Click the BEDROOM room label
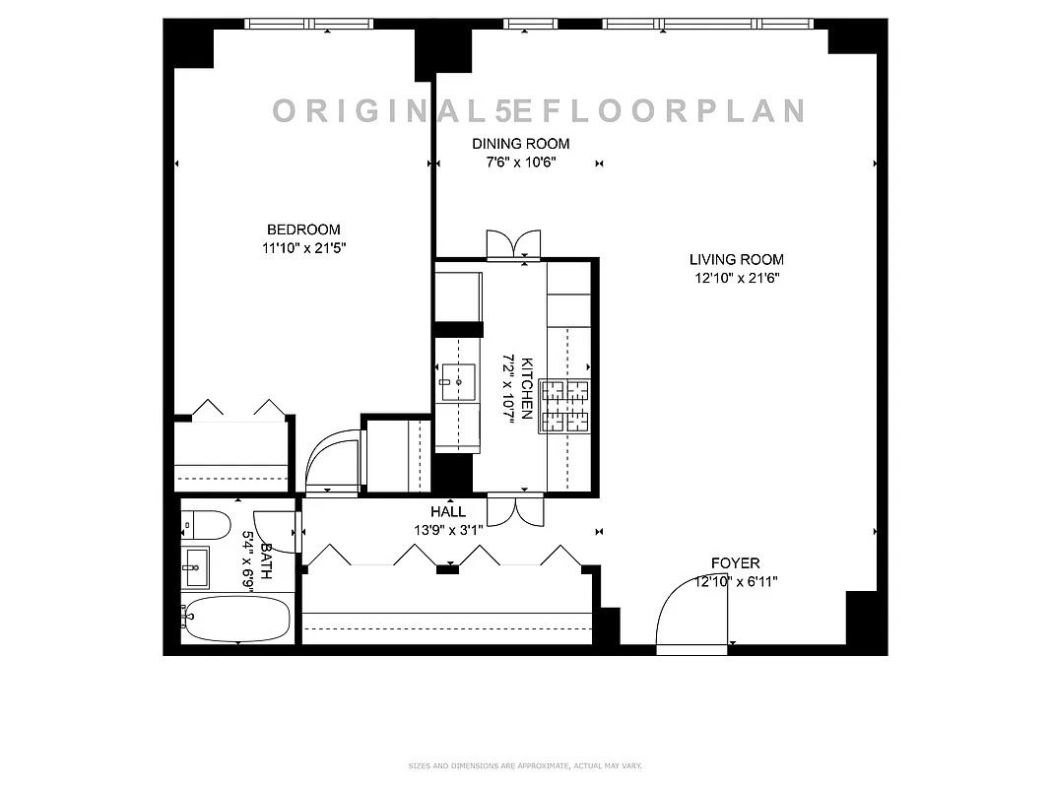[x=303, y=230]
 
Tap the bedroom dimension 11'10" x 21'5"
[x=303, y=249]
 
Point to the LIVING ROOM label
[x=736, y=260]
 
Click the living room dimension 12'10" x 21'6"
[x=736, y=279]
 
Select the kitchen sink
[x=458, y=379]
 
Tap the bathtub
[x=236, y=619]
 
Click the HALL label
[x=448, y=512]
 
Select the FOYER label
[x=736, y=563]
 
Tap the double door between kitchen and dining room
[x=513, y=244]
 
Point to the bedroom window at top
[x=308, y=25]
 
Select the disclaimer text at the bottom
[x=525, y=765]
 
